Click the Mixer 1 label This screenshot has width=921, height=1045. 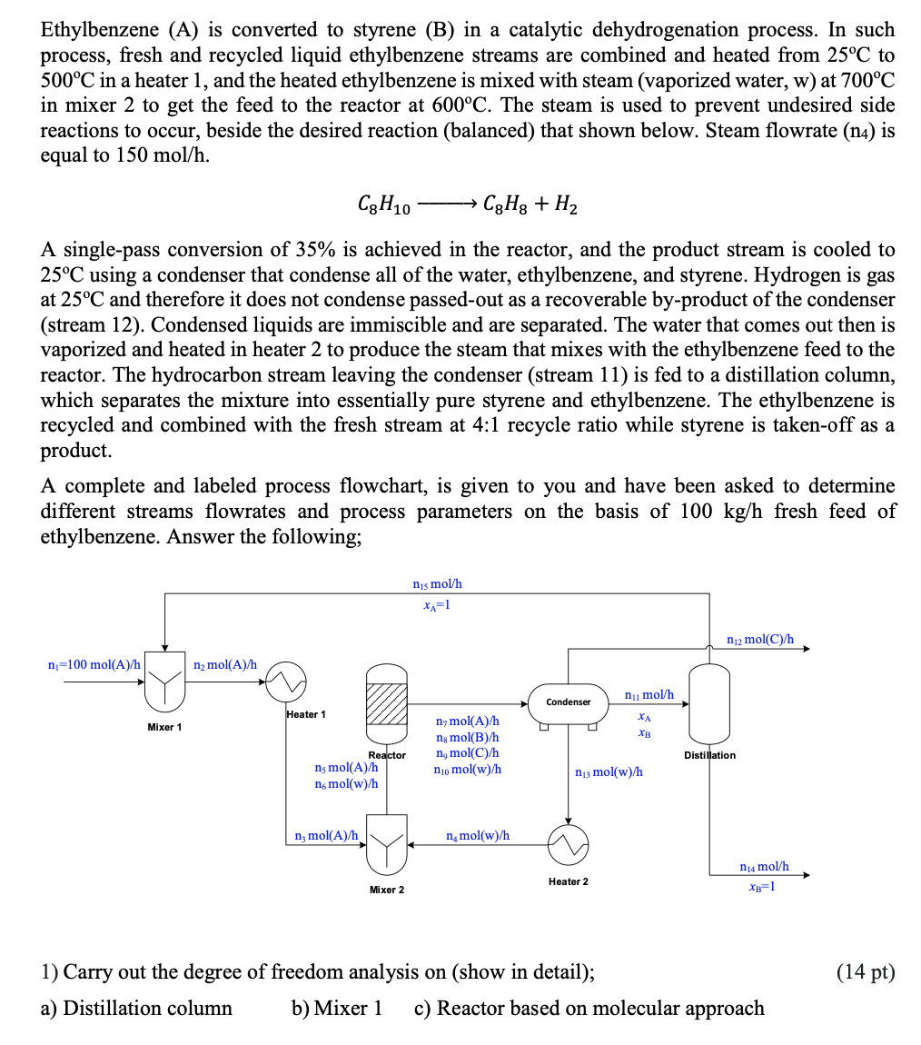pyautogui.click(x=164, y=727)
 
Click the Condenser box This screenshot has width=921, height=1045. pyautogui.click(x=569, y=702)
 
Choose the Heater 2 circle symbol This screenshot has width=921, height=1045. pyautogui.click(x=568, y=846)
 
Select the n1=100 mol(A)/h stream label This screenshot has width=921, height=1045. pyautogui.click(x=94, y=664)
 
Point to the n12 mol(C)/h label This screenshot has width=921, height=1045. pyautogui.click(x=760, y=639)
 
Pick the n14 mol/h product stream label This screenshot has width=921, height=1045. pyautogui.click(x=764, y=867)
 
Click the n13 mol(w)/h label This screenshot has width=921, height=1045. pyautogui.click(x=609, y=771)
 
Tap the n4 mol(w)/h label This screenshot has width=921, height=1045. pyautogui.click(x=478, y=834)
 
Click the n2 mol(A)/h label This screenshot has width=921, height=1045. pyautogui.click(x=225, y=664)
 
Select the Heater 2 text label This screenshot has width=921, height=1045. pyautogui.click(x=568, y=881)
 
